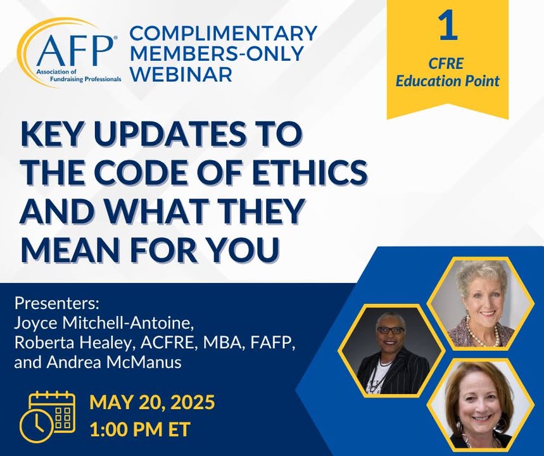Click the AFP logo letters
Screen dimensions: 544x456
pyautogui.click(x=75, y=49)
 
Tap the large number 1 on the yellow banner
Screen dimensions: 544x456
pyautogui.click(x=448, y=25)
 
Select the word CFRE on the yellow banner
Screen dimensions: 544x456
pyautogui.click(x=446, y=63)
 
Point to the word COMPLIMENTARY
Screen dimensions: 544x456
pyautogui.click(x=224, y=34)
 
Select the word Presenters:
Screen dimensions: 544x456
pyautogui.click(x=57, y=304)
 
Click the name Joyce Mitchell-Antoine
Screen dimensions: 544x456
pyautogui.click(x=103, y=324)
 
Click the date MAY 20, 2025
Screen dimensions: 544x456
pyautogui.click(x=152, y=403)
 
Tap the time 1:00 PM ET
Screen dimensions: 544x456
pyautogui.click(x=140, y=429)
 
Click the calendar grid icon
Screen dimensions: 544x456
pyautogui.click(x=52, y=412)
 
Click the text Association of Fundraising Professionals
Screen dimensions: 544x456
pyautogui.click(x=79, y=75)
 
